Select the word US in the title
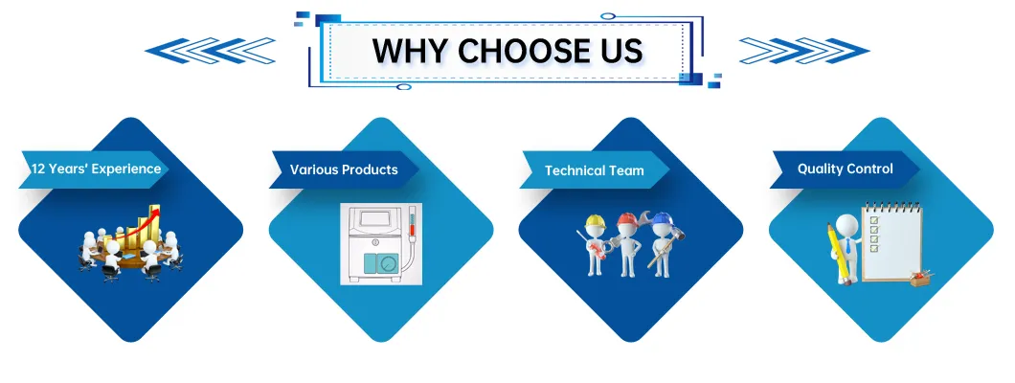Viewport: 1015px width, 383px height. [618, 50]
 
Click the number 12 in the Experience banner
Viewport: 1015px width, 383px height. [38, 169]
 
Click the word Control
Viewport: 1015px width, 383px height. [871, 169]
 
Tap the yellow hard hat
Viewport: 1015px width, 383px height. [594, 222]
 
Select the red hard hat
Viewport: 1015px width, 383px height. [627, 219]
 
